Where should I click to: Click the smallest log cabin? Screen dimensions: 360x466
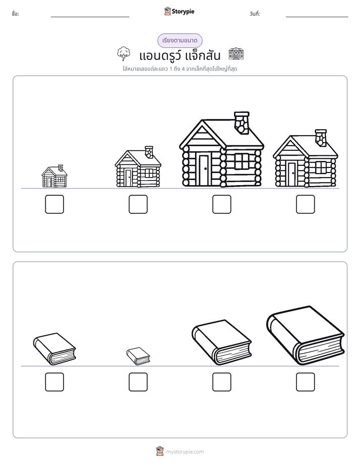54,176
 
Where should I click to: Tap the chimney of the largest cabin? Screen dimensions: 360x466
242,123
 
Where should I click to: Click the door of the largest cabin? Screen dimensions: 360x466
204,169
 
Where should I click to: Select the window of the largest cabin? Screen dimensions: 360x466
242,161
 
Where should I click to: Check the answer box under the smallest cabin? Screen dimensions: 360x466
54,204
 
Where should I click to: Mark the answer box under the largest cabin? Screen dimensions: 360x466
221,204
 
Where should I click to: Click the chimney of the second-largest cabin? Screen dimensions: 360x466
321,138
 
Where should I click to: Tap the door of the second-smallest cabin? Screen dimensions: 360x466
128,178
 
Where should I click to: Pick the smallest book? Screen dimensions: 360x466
138,356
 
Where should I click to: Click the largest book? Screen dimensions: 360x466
306,335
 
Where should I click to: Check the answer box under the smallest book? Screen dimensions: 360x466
138,382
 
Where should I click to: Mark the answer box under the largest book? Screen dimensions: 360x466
306,382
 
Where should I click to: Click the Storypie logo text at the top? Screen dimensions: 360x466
183,12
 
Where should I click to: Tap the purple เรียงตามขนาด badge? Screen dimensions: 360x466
179,40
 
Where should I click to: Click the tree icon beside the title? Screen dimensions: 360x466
123,53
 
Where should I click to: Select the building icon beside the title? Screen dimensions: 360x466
236,53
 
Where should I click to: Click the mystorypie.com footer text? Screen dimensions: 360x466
185,452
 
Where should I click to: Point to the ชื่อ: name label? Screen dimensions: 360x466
15,14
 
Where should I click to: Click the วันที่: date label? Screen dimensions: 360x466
255,14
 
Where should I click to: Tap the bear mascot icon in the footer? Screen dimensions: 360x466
160,451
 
